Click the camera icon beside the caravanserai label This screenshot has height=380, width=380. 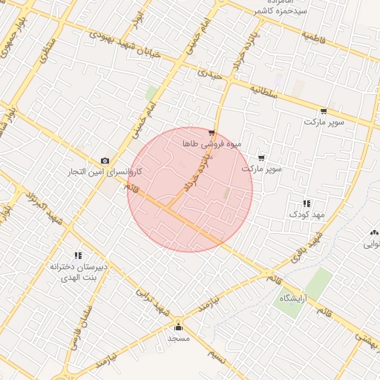coord(105,161)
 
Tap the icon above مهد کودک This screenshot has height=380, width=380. coord(306,203)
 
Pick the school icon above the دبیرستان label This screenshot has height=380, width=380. coord(78,255)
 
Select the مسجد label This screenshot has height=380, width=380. coord(179,338)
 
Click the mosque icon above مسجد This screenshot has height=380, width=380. coord(178,327)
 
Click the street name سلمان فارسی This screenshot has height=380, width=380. coord(81,327)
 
